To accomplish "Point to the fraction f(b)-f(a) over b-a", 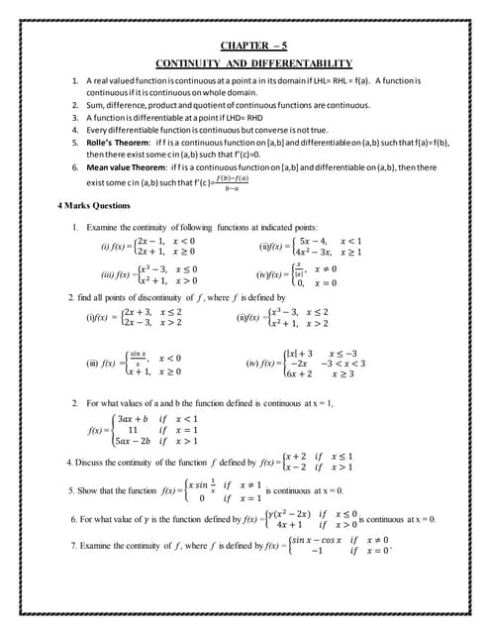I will (231, 184).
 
